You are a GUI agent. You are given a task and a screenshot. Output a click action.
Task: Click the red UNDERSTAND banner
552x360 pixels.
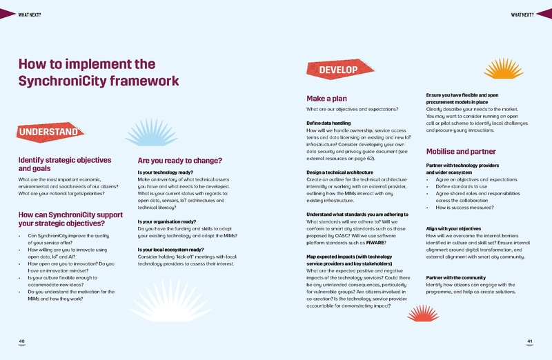(48, 132)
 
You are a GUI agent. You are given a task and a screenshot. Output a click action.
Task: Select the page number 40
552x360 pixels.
(22, 341)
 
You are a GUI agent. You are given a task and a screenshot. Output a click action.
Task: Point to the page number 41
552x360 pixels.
(530, 341)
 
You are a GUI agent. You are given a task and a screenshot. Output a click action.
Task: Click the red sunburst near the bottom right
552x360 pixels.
(423, 314)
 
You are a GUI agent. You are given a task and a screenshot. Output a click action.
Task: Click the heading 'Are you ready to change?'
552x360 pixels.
(179, 161)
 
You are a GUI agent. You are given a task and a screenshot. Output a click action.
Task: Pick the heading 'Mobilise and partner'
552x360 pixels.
(461, 151)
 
